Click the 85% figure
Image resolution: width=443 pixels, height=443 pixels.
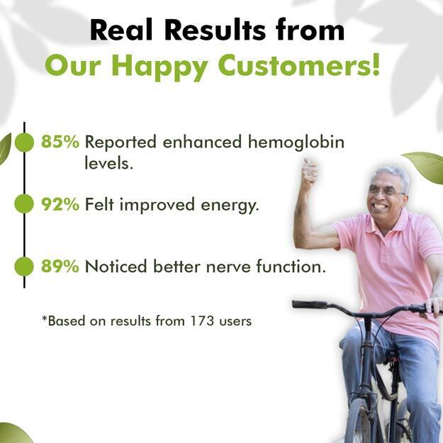60,142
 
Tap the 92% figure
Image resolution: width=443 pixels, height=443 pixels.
60,204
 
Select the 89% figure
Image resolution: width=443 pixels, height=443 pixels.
60,266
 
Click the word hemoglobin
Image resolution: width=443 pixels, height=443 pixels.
296,142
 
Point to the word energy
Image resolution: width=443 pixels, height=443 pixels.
230,206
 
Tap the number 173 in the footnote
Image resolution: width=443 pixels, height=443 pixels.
202,321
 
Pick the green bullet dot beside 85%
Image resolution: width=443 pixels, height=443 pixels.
24,142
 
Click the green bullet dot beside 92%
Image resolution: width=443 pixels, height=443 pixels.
24,203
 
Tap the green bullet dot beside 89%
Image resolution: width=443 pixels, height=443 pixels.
24,267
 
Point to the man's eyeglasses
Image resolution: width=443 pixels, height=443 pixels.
386,191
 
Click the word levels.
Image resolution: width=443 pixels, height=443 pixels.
108,163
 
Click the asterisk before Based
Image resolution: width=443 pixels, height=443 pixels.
45,318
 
